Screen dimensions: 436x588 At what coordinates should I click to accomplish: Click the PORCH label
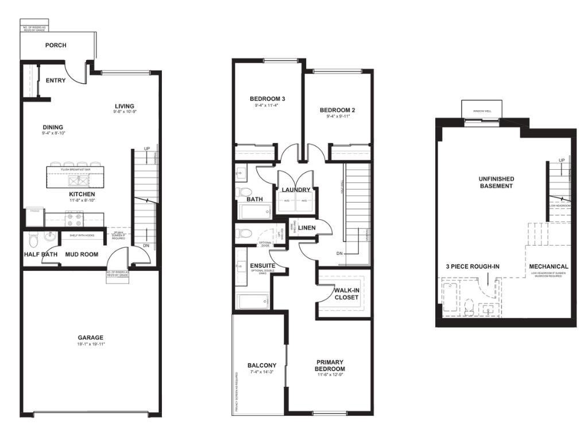click(x=56, y=45)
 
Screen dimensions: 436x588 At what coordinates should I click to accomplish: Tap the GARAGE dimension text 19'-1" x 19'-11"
click(x=91, y=344)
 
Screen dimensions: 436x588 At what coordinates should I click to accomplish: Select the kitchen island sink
click(x=78, y=180)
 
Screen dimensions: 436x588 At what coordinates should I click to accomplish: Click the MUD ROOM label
click(x=81, y=254)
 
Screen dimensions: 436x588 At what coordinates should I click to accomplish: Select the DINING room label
click(x=53, y=127)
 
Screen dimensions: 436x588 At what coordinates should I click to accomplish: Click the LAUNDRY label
click(x=296, y=190)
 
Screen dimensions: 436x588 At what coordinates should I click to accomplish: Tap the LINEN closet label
click(x=307, y=228)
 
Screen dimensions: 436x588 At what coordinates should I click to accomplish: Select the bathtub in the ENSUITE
click(x=253, y=301)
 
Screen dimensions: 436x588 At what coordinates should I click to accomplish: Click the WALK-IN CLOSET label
click(x=346, y=294)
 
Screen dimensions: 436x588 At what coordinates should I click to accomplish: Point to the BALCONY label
click(x=262, y=365)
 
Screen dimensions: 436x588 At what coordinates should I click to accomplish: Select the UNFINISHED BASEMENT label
click(x=496, y=182)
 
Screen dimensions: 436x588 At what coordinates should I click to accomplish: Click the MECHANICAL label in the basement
click(x=548, y=267)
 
